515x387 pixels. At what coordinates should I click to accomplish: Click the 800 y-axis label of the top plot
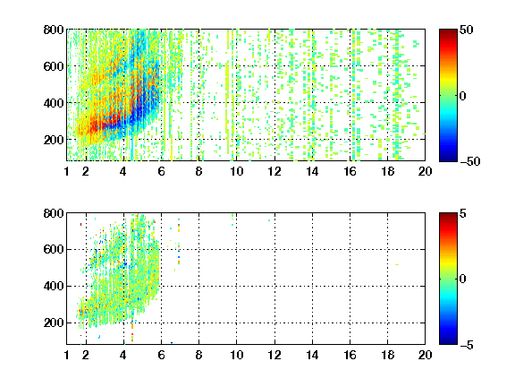click(x=54, y=30)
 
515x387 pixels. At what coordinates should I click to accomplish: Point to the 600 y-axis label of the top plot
click(x=54, y=66)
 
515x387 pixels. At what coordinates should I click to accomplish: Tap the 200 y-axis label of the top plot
click(x=54, y=140)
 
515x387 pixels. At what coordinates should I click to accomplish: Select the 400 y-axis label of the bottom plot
click(x=54, y=286)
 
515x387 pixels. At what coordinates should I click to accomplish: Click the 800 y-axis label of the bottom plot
click(x=54, y=213)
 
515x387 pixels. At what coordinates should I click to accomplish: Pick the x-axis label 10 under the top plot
click(x=236, y=171)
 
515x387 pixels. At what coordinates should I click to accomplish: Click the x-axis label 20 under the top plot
click(x=425, y=171)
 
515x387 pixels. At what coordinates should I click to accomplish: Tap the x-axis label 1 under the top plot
click(x=67, y=171)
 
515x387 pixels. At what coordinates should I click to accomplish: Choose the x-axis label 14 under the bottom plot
click(x=312, y=355)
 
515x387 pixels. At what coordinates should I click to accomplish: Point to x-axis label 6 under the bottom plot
click(x=161, y=355)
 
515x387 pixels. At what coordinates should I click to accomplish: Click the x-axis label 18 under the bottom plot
click(x=387, y=355)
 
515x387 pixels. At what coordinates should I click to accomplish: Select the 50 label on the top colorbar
click(x=466, y=30)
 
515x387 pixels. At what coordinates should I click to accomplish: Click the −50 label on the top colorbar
click(x=470, y=161)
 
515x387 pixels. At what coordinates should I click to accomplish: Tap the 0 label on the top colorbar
click(x=462, y=96)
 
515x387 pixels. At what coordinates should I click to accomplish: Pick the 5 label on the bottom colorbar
click(x=462, y=213)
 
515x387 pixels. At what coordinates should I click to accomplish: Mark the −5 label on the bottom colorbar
click(x=467, y=345)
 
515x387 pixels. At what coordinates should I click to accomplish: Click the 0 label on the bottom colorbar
click(x=462, y=279)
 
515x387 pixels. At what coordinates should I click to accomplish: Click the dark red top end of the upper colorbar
click(x=448, y=31)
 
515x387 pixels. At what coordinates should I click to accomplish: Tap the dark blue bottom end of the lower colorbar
click(x=448, y=342)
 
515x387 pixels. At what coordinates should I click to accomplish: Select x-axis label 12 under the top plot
click(x=274, y=171)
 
